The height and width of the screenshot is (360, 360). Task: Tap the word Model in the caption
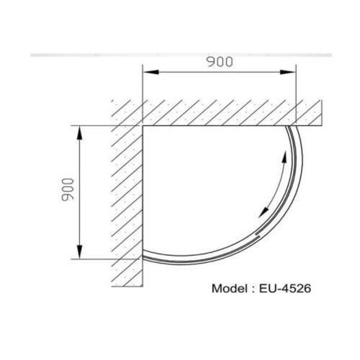click(x=229, y=289)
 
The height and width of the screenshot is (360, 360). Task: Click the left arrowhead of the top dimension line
click(x=146, y=71)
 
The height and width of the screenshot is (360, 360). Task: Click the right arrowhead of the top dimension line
click(x=293, y=71)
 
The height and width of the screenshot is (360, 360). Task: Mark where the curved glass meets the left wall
click(x=143, y=256)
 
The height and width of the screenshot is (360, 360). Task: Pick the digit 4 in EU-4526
click(x=284, y=289)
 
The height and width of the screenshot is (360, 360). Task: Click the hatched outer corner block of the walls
click(x=127, y=112)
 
